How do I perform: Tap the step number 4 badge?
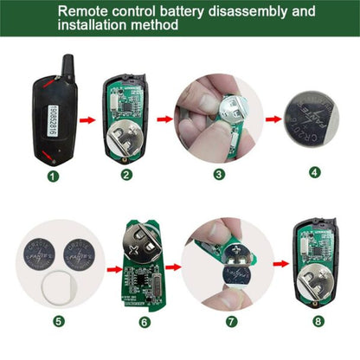coord(313,171)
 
